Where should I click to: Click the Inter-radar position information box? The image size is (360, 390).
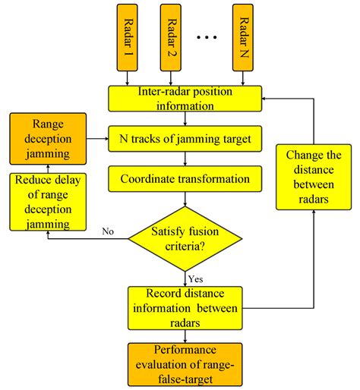coord(185,99)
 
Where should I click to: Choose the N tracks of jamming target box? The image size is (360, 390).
coord(185,140)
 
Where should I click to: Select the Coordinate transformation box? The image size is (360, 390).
coord(185,181)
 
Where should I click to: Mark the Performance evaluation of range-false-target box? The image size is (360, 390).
coord(185,364)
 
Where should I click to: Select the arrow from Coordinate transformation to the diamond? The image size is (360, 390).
coord(185,200)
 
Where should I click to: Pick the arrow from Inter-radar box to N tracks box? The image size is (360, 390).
coord(185,119)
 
